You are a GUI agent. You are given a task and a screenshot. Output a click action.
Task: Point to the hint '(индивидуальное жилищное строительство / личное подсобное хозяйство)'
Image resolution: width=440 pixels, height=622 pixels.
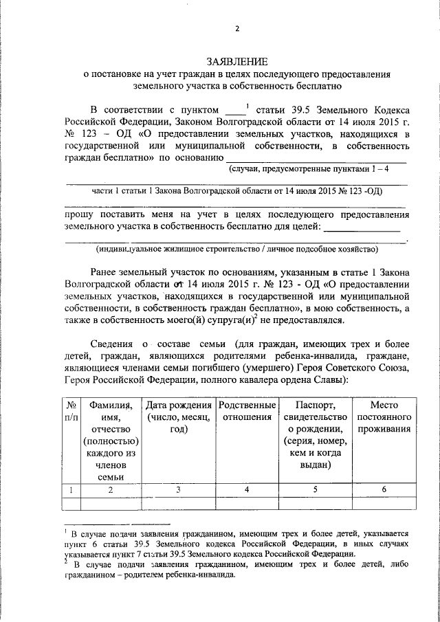pos(237,249)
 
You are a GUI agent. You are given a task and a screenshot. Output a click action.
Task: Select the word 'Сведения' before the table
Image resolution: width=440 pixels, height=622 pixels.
pos(111,344)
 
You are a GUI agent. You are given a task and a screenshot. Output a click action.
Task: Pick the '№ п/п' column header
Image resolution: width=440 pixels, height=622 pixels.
pos(72,412)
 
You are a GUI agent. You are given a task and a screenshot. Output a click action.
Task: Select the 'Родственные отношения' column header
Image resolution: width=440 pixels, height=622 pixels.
pos(247,412)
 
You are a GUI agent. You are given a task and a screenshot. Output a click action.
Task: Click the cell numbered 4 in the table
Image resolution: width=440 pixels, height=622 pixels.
pos(247,489)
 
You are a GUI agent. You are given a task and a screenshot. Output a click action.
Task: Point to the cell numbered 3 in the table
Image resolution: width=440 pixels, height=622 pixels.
pos(177,489)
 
